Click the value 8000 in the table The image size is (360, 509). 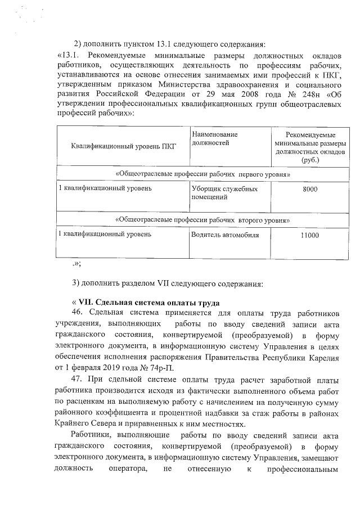309,190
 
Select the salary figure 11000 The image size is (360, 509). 309,236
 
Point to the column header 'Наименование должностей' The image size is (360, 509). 214,139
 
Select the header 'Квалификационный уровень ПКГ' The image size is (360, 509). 124,147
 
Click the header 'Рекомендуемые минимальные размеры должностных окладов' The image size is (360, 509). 310,147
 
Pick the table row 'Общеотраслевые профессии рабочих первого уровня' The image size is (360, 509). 202,174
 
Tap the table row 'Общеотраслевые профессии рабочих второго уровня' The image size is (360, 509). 202,220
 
